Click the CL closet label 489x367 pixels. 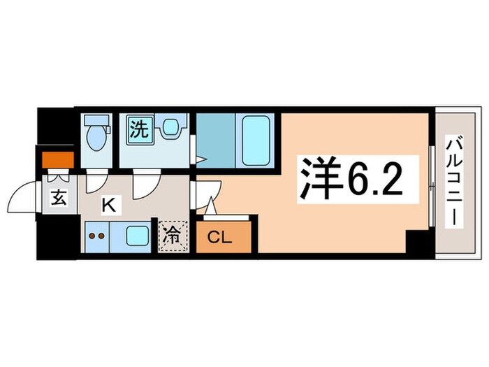coord(218,238)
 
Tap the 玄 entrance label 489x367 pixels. coord(57,199)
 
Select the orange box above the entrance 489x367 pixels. coord(57,160)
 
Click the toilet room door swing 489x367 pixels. coord(95,179)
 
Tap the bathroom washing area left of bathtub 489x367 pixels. coord(217,140)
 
